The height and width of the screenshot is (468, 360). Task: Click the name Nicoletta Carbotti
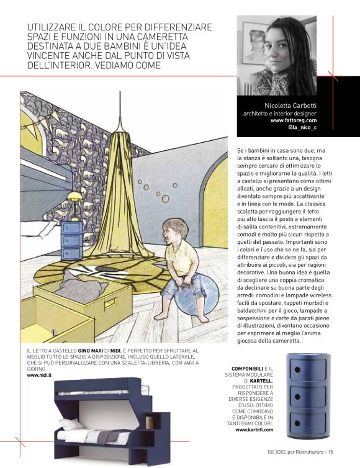click(x=290, y=106)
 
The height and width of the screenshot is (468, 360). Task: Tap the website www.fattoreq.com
click(x=294, y=120)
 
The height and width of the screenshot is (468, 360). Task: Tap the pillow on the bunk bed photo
click(x=72, y=423)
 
